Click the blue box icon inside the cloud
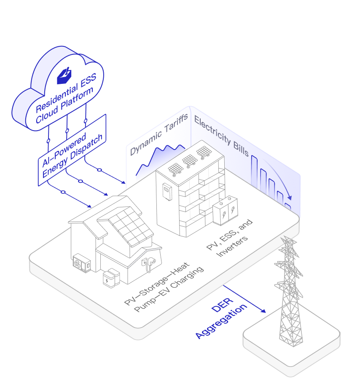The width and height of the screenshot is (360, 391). (64, 76)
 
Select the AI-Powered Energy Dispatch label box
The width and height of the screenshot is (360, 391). (72, 150)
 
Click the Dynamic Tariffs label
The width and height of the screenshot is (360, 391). (159, 135)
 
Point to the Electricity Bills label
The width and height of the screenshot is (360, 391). (222, 136)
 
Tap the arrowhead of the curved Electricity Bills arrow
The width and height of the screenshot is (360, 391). (290, 198)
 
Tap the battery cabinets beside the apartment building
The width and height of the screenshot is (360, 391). (225, 211)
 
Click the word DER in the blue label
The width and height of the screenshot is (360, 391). (222, 305)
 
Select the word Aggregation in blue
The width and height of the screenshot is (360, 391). (221, 321)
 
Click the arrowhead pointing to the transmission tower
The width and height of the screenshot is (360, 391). (263, 311)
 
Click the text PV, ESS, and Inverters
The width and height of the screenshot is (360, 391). (229, 238)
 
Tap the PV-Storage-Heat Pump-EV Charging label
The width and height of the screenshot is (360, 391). (164, 287)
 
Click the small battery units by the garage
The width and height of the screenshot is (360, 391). (111, 278)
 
